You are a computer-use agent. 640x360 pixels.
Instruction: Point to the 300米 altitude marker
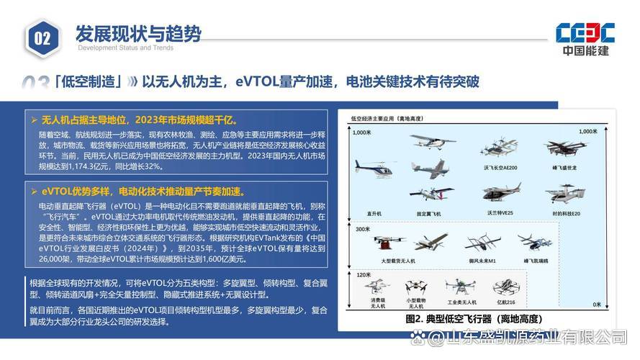362,228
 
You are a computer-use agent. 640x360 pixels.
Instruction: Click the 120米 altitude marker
362,275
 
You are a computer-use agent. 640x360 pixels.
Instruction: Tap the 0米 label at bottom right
596,305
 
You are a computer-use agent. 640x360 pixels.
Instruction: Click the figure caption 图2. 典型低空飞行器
473,318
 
